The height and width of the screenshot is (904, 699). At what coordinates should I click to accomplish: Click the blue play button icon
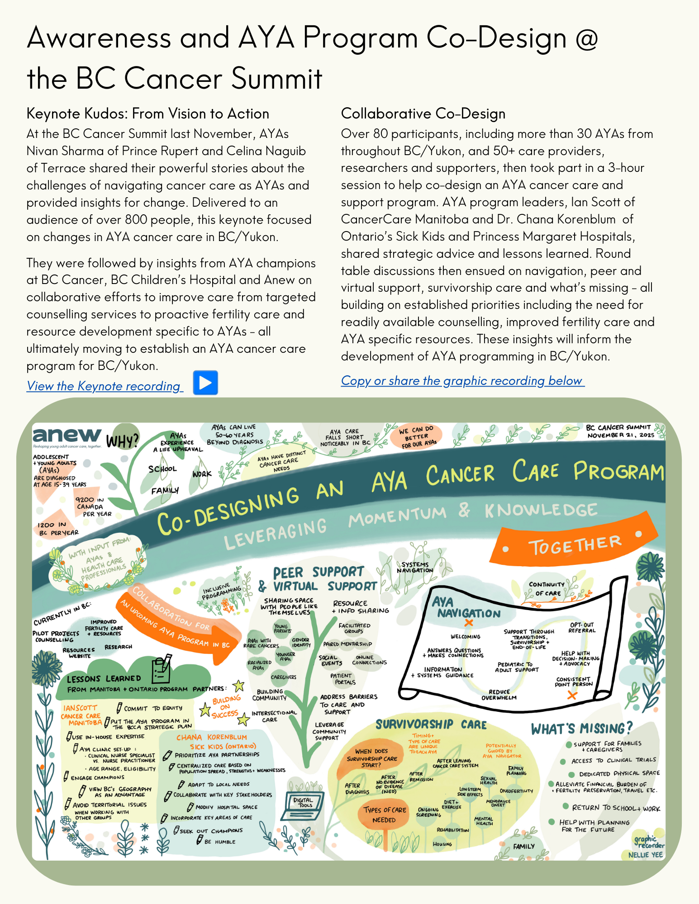click(x=205, y=383)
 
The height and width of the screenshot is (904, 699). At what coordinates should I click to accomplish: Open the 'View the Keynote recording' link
click(x=105, y=386)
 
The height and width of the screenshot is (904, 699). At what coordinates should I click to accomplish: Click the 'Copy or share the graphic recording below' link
click(x=462, y=381)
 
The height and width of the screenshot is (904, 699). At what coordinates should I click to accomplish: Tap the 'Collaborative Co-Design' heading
click(x=423, y=114)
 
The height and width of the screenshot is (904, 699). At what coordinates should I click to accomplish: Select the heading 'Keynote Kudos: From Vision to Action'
click(x=147, y=114)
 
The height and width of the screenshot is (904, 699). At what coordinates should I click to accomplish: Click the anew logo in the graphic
click(x=67, y=435)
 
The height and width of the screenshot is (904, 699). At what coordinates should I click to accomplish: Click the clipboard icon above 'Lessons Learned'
click(x=161, y=668)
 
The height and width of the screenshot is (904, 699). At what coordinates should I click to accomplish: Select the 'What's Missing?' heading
click(x=581, y=729)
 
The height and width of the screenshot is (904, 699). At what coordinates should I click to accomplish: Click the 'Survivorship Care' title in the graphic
click(x=431, y=724)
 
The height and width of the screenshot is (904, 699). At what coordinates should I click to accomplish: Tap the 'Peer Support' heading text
click(x=318, y=573)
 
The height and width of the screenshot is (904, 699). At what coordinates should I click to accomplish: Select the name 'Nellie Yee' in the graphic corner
click(x=645, y=855)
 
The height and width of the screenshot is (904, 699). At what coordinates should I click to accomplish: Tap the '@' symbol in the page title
click(x=586, y=38)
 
